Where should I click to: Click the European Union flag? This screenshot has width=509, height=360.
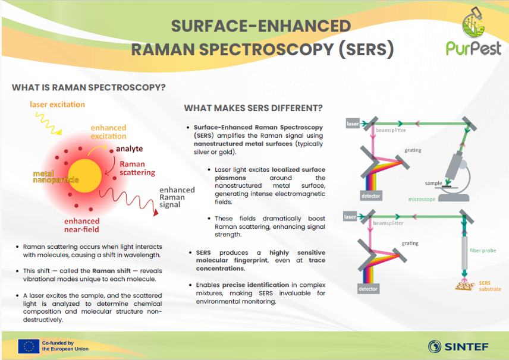29,346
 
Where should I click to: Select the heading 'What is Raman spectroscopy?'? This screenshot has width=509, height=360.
89,87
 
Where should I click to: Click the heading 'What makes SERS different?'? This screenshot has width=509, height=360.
253,108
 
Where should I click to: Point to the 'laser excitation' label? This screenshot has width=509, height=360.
58,105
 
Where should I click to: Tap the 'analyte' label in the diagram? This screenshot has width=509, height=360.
130,149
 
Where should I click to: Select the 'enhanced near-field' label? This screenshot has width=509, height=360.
82,225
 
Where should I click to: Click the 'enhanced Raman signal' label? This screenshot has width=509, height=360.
177,197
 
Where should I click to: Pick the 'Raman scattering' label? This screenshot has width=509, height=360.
137,168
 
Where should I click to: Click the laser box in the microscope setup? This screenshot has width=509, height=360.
353,124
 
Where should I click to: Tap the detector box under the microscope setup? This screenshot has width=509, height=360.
370,196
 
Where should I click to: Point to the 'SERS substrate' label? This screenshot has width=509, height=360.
489,286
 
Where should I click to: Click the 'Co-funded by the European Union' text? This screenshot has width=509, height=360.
65,346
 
